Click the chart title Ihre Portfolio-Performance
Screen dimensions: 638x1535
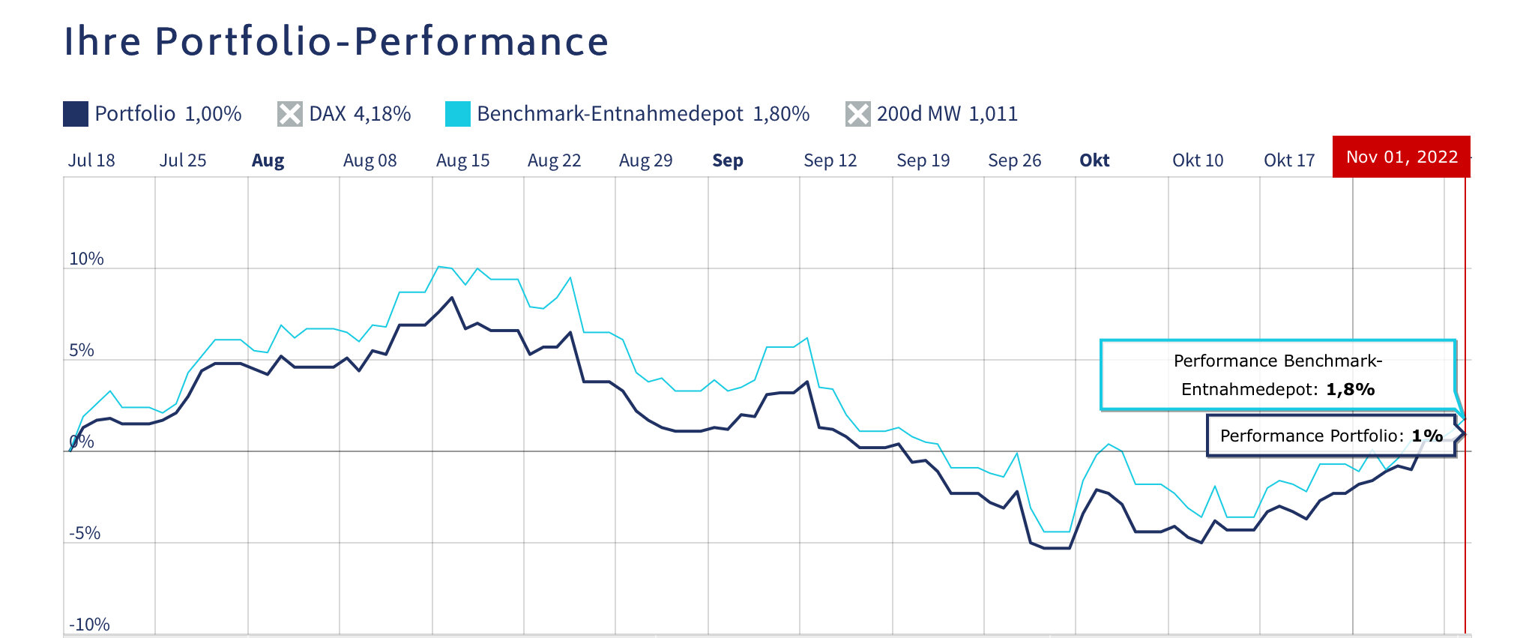click(x=336, y=41)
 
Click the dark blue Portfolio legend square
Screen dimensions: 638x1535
click(x=76, y=114)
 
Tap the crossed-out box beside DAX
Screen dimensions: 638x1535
click(x=290, y=114)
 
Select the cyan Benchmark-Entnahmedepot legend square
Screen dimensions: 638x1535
click(x=457, y=114)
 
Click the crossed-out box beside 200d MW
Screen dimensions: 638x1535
click(x=857, y=114)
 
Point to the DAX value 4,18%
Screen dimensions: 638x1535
click(x=382, y=114)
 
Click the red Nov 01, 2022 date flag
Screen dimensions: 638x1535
click(x=1401, y=157)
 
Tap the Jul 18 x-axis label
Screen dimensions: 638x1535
click(x=91, y=160)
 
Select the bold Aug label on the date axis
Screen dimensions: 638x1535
click(x=268, y=160)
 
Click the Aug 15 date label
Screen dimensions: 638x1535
click(x=462, y=160)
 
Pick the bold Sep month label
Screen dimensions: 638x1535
click(x=727, y=160)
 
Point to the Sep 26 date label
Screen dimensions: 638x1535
click(x=1014, y=160)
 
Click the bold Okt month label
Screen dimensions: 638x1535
click(x=1094, y=160)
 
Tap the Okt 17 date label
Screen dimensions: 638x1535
click(x=1289, y=160)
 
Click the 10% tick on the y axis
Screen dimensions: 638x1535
click(x=86, y=259)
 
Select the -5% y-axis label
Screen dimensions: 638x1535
click(x=85, y=533)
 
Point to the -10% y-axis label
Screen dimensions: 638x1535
click(x=89, y=625)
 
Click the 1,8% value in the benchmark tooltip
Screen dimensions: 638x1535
click(x=1350, y=389)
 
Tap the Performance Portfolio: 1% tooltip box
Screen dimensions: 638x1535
click(x=1330, y=436)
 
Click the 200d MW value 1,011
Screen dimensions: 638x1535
click(x=993, y=114)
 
